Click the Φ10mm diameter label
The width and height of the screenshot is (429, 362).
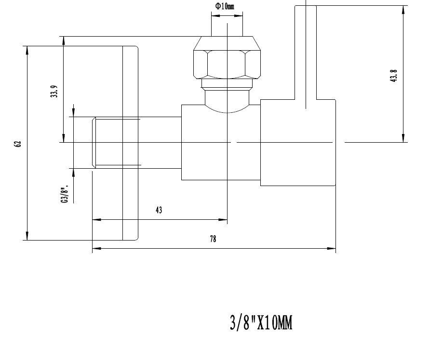(225, 6)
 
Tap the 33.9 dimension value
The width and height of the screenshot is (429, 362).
(54, 92)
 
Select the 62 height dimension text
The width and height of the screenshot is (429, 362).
(17, 144)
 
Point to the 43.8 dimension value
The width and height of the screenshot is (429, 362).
(393, 76)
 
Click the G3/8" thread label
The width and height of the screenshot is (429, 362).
(65, 195)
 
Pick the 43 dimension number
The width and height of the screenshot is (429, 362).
(159, 210)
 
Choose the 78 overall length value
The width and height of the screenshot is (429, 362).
(213, 239)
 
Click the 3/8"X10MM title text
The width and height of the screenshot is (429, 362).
(261, 323)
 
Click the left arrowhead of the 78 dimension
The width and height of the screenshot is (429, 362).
(96, 248)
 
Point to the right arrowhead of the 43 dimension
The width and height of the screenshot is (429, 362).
(223, 219)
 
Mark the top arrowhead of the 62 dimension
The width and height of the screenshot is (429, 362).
(27, 50)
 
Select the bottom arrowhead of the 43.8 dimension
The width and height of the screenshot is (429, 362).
(403, 138)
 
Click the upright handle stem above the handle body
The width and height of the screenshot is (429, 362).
(306, 52)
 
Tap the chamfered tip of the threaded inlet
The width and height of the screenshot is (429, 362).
(94, 142)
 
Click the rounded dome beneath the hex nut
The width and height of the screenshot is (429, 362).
(227, 102)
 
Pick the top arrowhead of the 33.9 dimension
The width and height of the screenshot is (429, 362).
(64, 40)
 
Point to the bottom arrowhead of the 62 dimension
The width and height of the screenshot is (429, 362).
(27, 236)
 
